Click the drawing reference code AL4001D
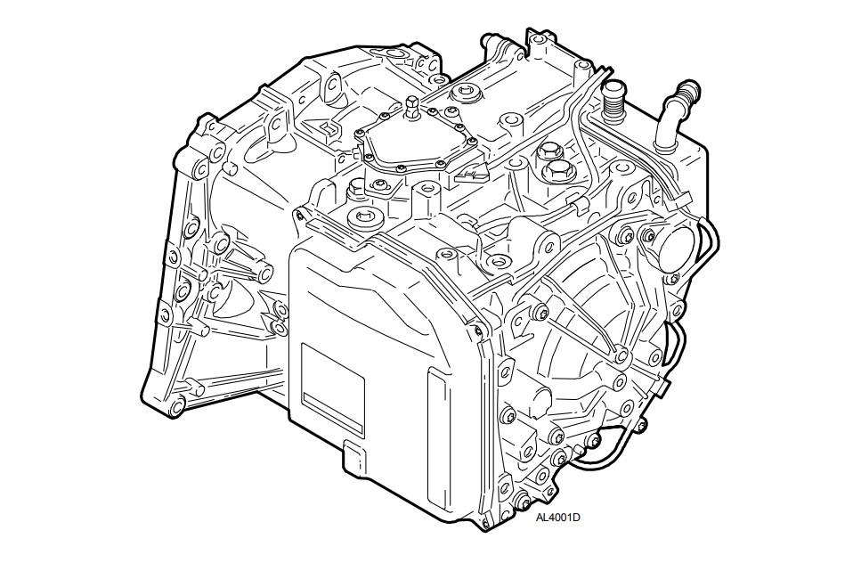557,518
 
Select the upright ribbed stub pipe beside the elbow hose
613,102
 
